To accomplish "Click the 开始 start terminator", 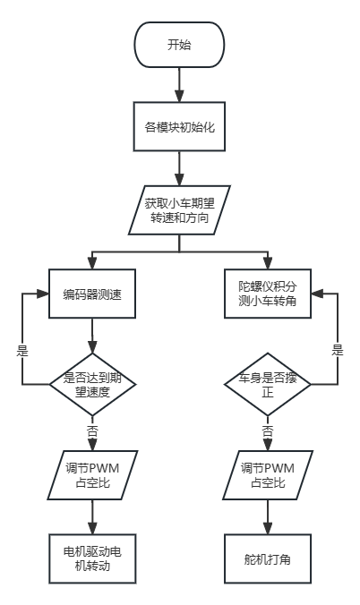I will point(179,45).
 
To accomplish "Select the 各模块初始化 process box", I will point(179,127).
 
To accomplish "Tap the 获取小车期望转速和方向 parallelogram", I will point(179,209).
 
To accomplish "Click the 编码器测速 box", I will point(92,293).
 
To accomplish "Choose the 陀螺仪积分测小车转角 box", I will point(268,293).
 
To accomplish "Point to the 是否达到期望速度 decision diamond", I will point(92,384).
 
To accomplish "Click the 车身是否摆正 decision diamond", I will point(268,384).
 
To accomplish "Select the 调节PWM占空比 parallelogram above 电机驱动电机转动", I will point(92,475).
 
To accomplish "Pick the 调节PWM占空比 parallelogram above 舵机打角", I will point(268,475).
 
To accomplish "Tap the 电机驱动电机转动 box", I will point(92,558).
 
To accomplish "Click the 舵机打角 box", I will point(268,558).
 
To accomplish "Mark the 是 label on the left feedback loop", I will point(23,349).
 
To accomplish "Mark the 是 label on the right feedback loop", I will point(337,349).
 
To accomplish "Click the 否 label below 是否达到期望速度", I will point(92,430).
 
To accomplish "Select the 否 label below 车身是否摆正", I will point(268,430).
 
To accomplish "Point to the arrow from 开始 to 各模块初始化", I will point(179,84).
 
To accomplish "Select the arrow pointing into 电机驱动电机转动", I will point(92,517).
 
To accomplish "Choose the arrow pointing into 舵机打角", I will point(268,517).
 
